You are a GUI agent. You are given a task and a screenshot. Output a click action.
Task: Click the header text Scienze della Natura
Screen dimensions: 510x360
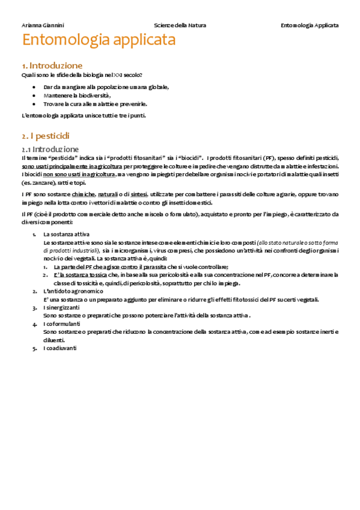click(180, 26)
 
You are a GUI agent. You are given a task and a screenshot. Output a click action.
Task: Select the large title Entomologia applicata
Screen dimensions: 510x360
click(99, 41)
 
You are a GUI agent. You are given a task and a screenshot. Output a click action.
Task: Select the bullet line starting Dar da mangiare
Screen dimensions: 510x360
click(106, 87)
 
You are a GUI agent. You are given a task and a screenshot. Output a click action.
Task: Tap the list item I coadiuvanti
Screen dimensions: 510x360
click(60, 348)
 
